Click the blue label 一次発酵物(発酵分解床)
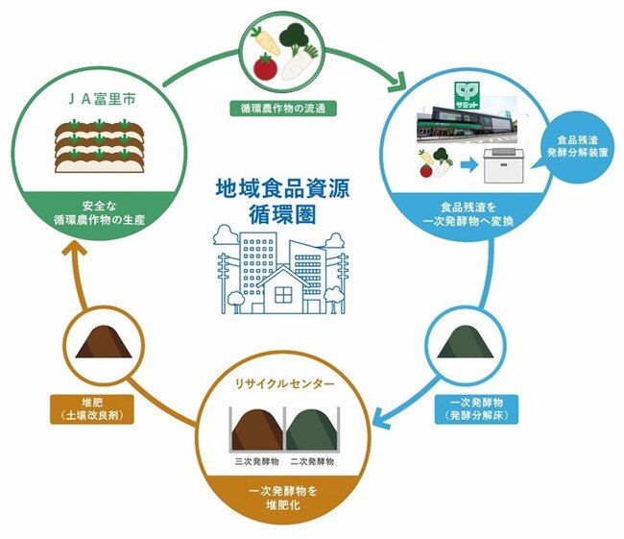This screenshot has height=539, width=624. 469,408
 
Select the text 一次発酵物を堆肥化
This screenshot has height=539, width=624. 282,500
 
